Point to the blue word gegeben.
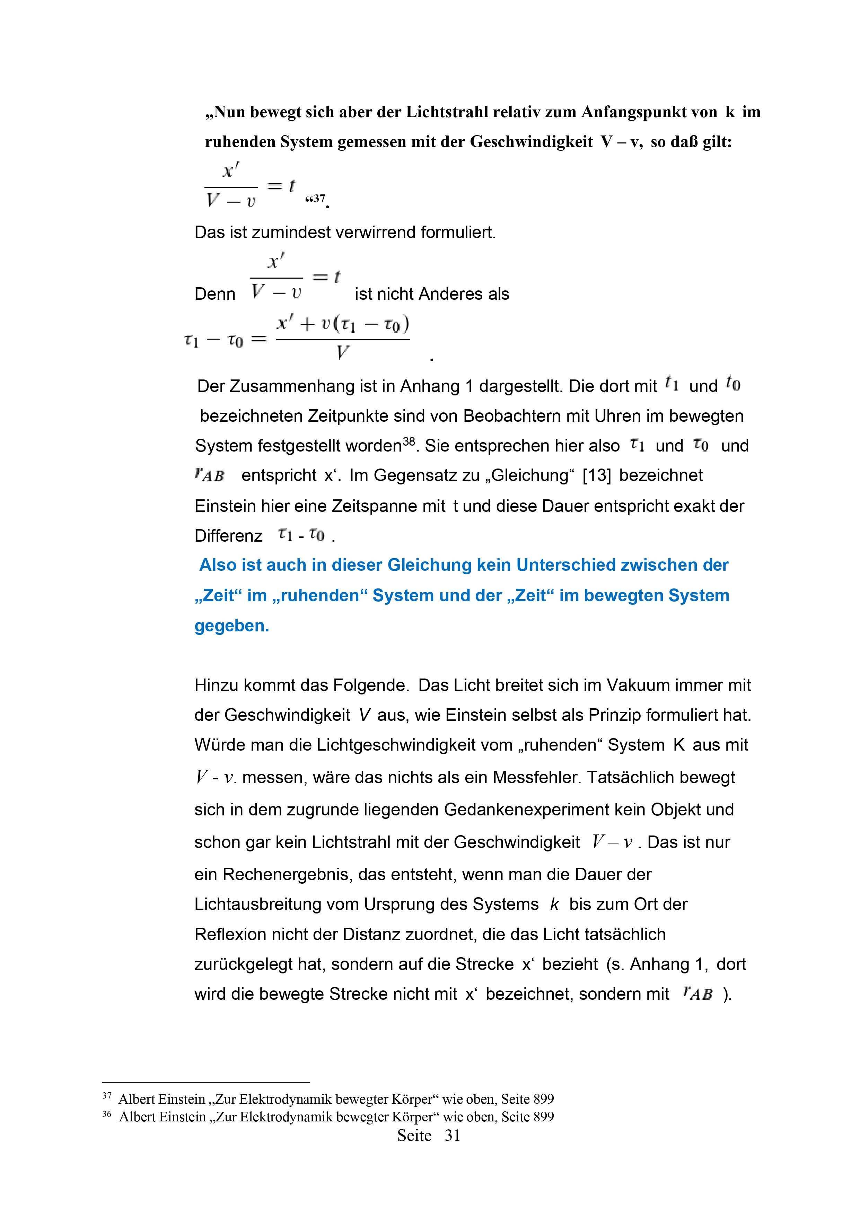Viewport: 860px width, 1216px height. [231, 626]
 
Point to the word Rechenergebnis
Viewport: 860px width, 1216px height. [287, 874]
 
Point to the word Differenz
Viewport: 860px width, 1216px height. [228, 536]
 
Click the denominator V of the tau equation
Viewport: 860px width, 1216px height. [343, 352]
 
